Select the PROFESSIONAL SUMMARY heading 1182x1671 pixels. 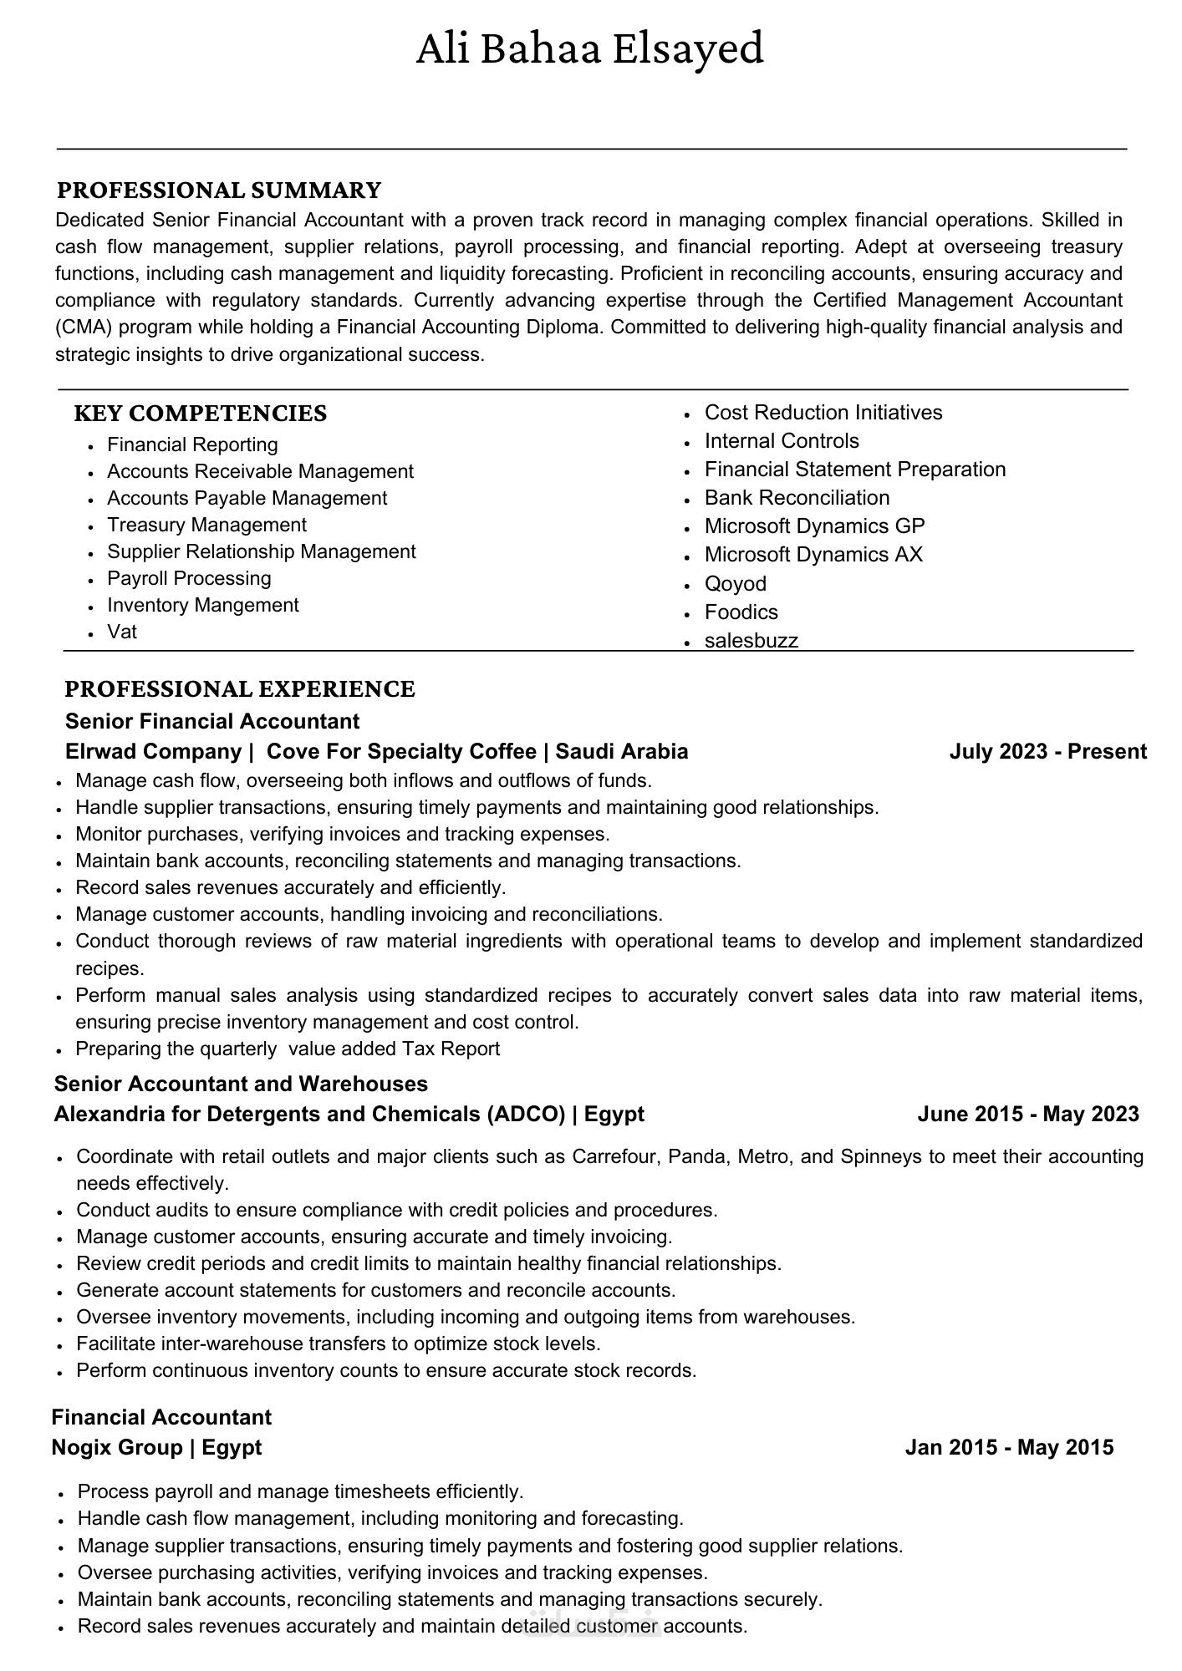[x=218, y=190]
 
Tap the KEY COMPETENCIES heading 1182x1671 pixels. [x=200, y=414]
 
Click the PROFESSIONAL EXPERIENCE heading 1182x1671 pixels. [x=239, y=689]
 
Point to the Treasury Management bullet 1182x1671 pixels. [x=206, y=525]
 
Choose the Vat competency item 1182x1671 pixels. [x=122, y=632]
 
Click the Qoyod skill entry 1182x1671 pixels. [x=735, y=583]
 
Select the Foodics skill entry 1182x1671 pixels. [x=741, y=612]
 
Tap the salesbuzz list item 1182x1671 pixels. [x=751, y=640]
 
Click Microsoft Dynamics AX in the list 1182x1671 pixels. [x=813, y=555]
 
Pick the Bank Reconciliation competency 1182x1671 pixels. [x=797, y=498]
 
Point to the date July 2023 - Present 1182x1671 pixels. [x=1047, y=751]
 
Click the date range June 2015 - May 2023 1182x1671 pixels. [x=1027, y=1114]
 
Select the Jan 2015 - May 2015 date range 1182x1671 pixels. [x=1009, y=1447]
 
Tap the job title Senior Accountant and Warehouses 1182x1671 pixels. [x=241, y=1084]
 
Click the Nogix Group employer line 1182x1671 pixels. [x=156, y=1447]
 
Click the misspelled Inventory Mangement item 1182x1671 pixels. [x=202, y=605]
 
